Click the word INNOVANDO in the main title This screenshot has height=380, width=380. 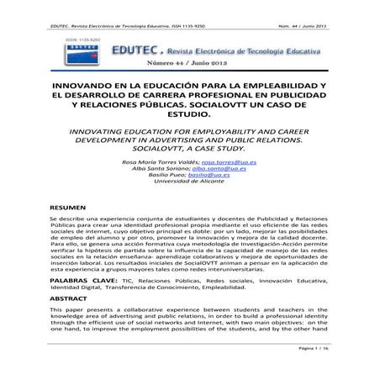click(87, 86)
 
